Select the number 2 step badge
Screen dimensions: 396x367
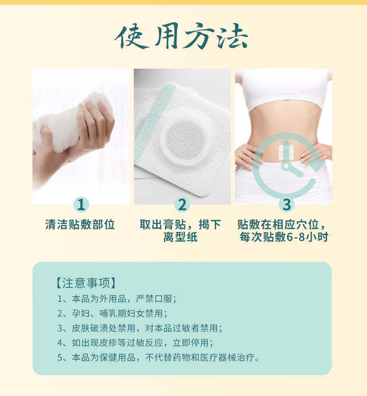point(182,204)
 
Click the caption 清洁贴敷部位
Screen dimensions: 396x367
point(80,225)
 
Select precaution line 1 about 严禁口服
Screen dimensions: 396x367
point(117,298)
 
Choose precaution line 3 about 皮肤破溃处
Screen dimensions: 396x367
point(139,328)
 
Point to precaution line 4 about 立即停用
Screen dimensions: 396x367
point(135,343)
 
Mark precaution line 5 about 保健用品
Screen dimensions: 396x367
point(158,358)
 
